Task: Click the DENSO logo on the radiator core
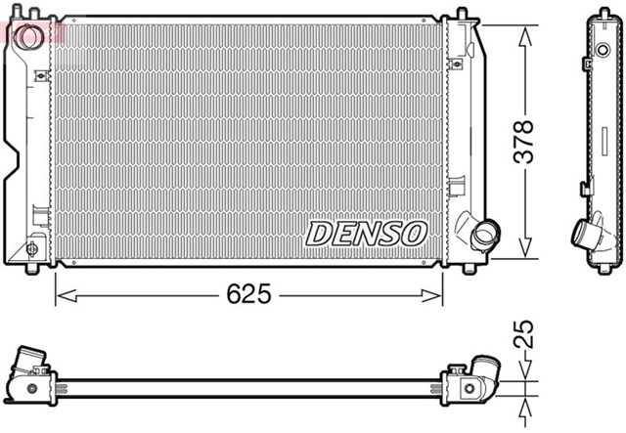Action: (x=367, y=233)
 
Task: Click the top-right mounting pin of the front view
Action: (x=460, y=14)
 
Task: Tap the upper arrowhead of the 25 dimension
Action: (x=525, y=370)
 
